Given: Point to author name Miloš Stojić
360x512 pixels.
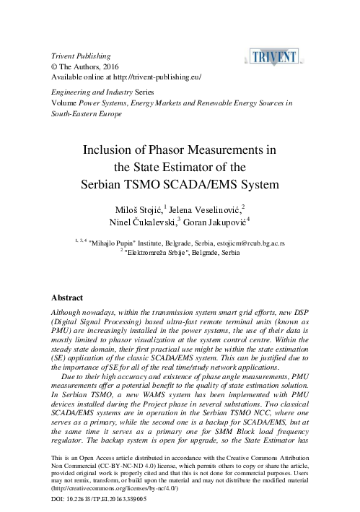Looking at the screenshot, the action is click(x=129, y=209).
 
